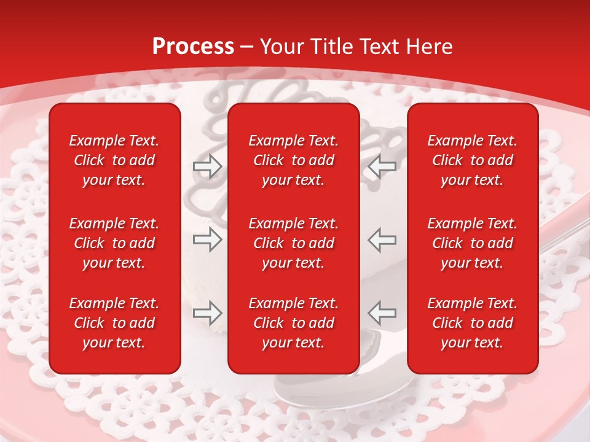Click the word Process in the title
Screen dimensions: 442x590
point(193,47)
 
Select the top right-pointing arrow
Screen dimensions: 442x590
point(207,166)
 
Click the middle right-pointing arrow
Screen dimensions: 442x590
point(207,239)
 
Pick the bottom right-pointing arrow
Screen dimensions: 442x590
point(207,313)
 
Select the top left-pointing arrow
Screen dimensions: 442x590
point(382,166)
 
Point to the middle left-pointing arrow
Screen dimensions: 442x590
point(382,239)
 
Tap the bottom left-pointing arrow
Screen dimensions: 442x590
point(382,313)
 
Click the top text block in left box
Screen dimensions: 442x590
point(114,160)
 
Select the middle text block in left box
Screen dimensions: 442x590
point(114,243)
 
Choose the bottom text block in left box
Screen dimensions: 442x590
point(114,323)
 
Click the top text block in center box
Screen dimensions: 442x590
point(294,160)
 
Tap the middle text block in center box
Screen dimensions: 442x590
point(294,243)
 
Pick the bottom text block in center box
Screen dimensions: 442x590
point(294,323)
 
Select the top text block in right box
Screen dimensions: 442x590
point(473,160)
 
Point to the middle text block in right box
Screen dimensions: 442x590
point(473,243)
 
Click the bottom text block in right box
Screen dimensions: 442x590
point(473,323)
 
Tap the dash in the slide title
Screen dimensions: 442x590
point(246,47)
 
